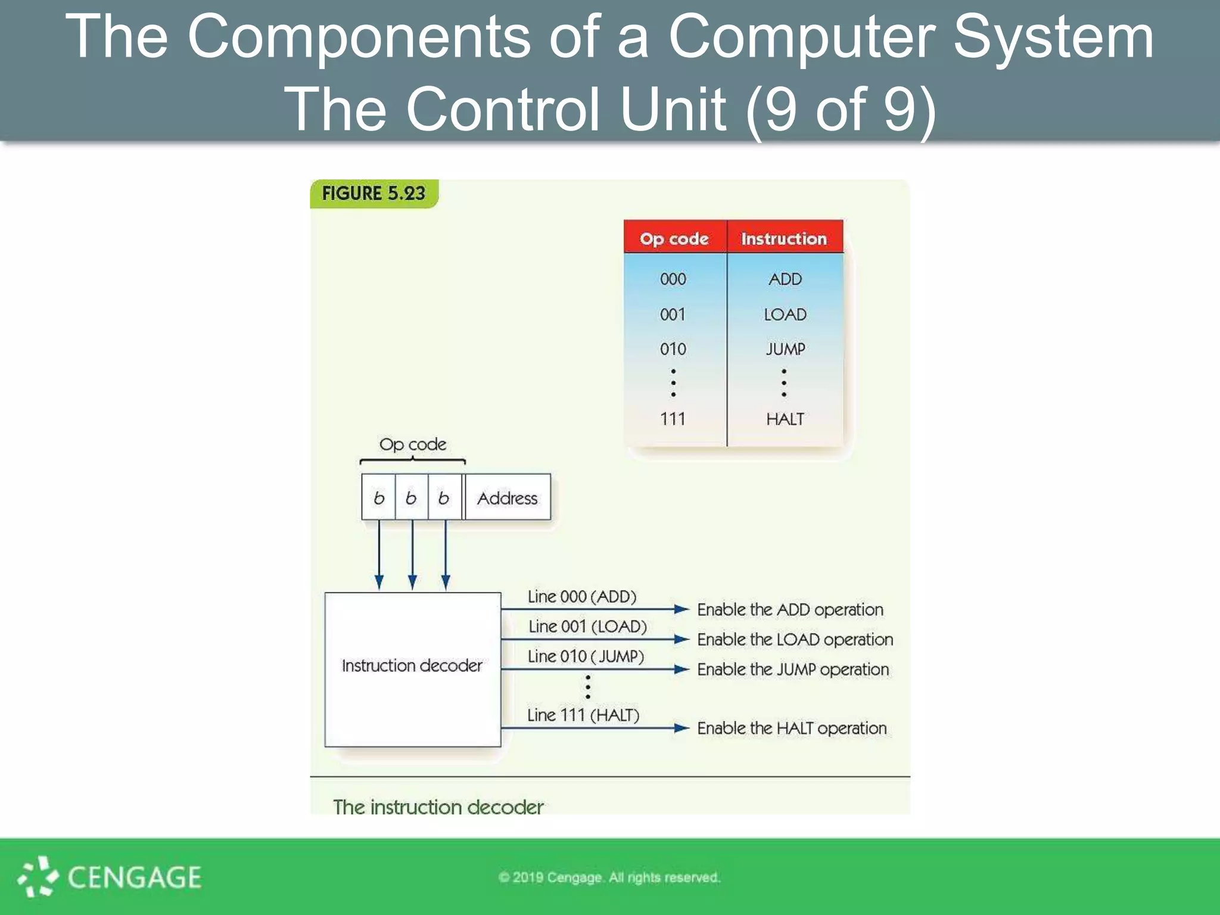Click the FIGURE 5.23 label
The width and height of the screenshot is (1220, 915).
[374, 194]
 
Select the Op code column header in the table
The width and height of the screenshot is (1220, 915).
[674, 239]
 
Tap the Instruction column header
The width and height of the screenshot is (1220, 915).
[784, 239]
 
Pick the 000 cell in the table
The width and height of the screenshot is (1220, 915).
[673, 279]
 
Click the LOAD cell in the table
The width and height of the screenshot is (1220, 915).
[785, 314]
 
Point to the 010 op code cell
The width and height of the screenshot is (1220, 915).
[673, 349]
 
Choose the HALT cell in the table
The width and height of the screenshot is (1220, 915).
[785, 419]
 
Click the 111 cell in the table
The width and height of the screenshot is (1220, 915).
[673, 419]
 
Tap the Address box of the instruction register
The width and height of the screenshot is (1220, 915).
[507, 498]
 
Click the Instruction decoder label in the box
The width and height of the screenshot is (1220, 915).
[412, 665]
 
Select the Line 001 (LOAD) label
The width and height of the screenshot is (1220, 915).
[587, 627]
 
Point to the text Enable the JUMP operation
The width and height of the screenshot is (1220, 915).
[793, 670]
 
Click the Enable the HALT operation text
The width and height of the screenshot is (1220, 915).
[792, 729]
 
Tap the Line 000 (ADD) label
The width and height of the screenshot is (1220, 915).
[582, 597]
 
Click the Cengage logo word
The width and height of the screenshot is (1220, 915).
[134, 877]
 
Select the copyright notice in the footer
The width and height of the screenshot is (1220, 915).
[609, 877]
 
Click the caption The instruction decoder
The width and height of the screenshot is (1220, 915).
[438, 807]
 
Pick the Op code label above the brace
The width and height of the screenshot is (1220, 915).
[413, 444]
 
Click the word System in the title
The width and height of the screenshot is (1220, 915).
[1053, 37]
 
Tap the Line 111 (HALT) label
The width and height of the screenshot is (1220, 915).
[583, 715]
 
